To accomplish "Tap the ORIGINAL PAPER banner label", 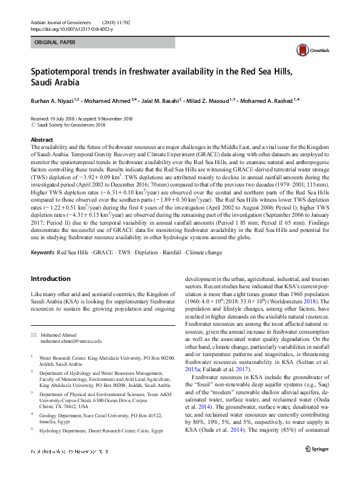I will [x=56, y=44].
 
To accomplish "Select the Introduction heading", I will [x=50, y=279].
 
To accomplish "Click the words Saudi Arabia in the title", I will [x=55, y=82].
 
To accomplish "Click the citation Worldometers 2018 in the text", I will [x=300, y=301].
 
